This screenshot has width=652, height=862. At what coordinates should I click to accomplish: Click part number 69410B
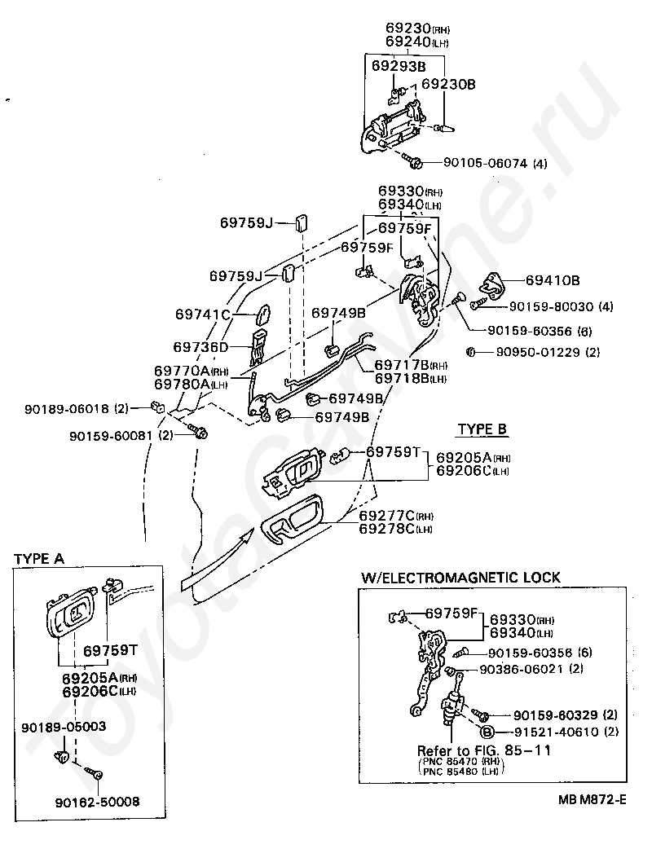tap(552, 280)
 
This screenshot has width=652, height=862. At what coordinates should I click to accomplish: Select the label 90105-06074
tap(486, 163)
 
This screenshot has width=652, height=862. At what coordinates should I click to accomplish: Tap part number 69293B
tap(399, 65)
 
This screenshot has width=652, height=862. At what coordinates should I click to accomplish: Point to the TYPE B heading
tap(482, 429)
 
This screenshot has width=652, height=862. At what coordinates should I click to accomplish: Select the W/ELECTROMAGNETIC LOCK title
tap(460, 578)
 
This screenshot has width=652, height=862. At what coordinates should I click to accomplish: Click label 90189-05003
tap(64, 726)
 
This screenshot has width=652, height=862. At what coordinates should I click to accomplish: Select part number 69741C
tap(204, 314)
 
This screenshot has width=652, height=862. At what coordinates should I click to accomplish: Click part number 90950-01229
tap(535, 352)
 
